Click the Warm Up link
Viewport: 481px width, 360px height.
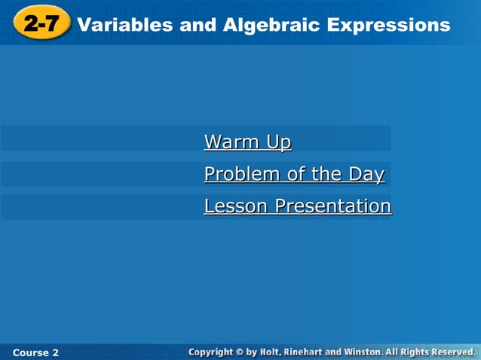[247, 142]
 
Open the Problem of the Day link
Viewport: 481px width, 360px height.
[294, 174]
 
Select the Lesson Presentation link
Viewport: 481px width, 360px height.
[297, 206]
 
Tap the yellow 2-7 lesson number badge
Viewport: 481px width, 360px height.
[41, 24]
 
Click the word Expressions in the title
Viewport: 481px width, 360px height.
[388, 25]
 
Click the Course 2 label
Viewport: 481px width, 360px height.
[35, 352]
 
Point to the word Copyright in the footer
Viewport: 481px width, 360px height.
[213, 352]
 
